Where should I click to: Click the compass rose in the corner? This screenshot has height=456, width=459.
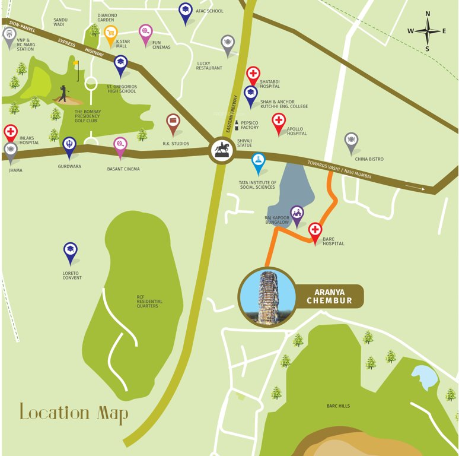[x=427, y=31]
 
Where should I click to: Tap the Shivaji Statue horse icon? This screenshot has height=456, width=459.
[x=222, y=150]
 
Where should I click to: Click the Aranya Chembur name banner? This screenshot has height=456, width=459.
[x=329, y=296]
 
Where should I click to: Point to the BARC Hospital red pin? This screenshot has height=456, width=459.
[x=315, y=231]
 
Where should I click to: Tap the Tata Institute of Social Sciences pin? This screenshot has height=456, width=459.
[x=258, y=161]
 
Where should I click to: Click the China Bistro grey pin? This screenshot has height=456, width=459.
[x=351, y=141]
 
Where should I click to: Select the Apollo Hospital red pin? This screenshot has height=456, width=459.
[x=279, y=122]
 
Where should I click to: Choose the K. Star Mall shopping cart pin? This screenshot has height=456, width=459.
[x=110, y=34]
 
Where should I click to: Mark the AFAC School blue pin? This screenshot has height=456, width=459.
[x=186, y=11]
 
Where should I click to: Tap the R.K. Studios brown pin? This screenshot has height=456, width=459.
[x=173, y=123]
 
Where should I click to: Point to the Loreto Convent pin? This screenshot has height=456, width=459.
[x=71, y=251]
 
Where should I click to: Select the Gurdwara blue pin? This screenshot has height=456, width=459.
[x=69, y=146]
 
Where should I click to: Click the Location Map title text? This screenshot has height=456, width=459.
[x=74, y=412]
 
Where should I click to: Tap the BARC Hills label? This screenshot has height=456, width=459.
[x=338, y=406]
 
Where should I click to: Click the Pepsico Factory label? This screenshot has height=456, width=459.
[x=250, y=125]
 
